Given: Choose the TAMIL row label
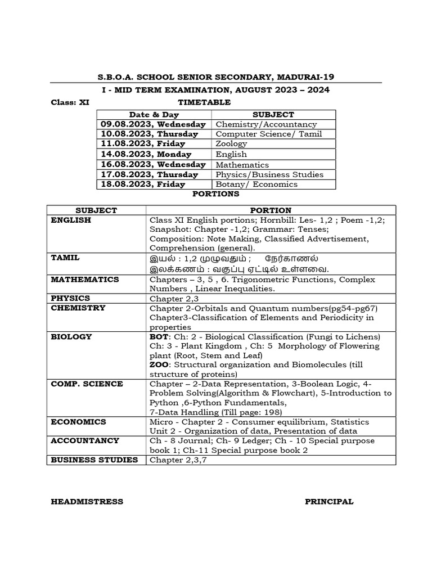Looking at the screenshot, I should click(65, 258).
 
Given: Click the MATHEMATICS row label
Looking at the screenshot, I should click(85, 279).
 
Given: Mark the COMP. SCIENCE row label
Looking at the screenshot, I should click(87, 384).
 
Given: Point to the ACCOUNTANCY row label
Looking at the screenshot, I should click(85, 440).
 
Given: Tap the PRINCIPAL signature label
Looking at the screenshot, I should click(329, 502).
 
